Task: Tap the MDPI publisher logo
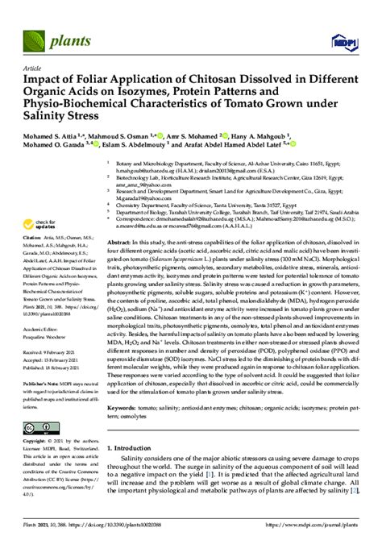[343, 39]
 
